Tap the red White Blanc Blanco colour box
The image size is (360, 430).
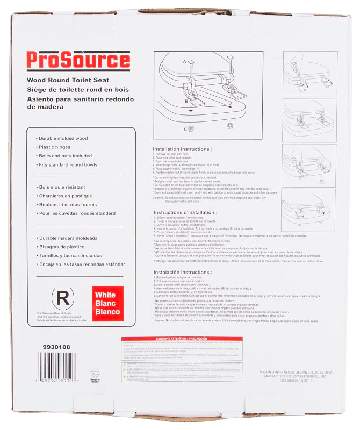[107, 303]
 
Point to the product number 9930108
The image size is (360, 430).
[56, 347]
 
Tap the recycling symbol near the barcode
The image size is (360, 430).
[95, 374]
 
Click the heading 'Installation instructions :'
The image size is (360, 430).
[182, 149]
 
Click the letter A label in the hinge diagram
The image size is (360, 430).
[185, 62]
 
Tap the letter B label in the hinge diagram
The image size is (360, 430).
[186, 100]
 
